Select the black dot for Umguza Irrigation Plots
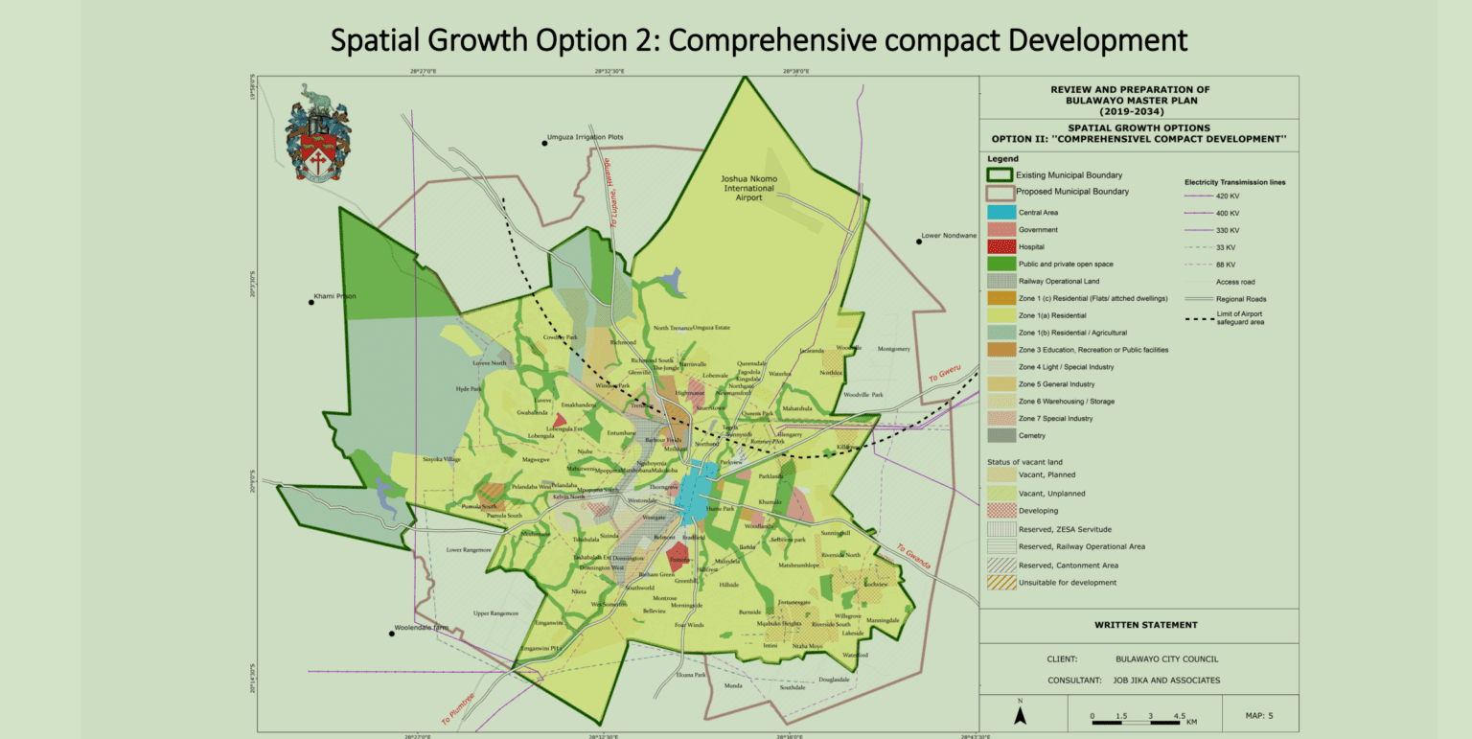tap(543, 143)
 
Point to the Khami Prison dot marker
tap(311, 302)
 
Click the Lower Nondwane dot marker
tap(918, 242)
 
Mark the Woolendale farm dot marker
tap(392, 634)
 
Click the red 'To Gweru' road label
tap(945, 374)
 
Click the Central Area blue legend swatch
tap(1000, 212)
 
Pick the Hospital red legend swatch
tap(1000, 246)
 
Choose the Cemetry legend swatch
tap(1000, 436)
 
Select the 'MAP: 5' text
tap(1259, 714)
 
